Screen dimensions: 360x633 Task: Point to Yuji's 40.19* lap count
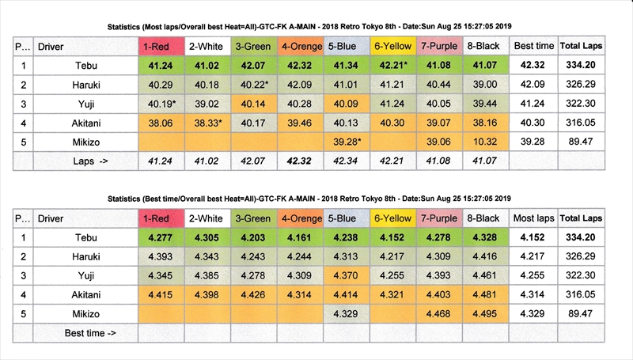[x=161, y=104]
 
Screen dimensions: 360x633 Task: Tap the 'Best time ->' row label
[x=90, y=333]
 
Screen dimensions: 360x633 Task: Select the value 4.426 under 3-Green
[x=252, y=294]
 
